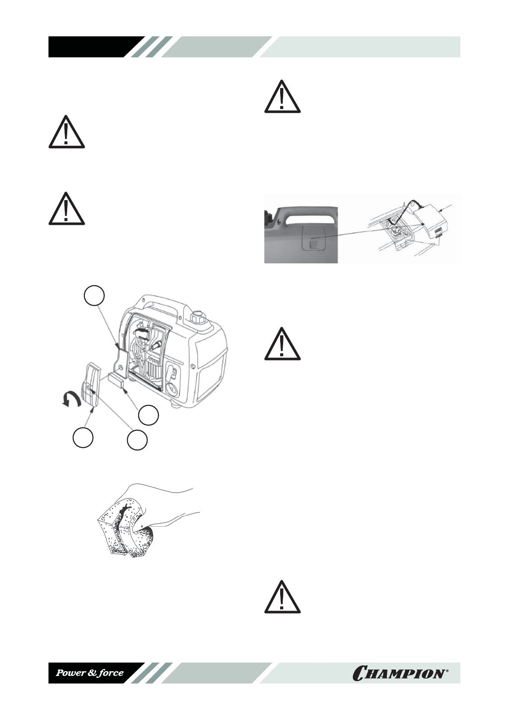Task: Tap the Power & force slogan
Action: coord(90,673)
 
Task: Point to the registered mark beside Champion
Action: coord(447,670)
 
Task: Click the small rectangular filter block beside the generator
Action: coord(117,379)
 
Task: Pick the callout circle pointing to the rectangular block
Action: coord(148,414)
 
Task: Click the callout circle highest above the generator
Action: coord(94,296)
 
